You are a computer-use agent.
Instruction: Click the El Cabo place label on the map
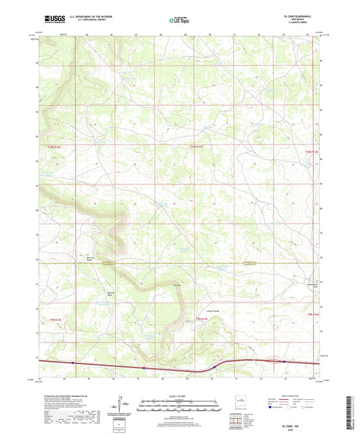[x=178, y=285]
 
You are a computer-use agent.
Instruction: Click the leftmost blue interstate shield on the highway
[x=74, y=363]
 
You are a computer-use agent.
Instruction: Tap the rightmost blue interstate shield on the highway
[x=284, y=361]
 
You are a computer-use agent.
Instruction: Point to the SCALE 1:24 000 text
[x=179, y=395]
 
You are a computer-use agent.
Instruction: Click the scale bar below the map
[x=179, y=403]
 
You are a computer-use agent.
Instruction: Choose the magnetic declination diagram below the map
[x=125, y=405]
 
